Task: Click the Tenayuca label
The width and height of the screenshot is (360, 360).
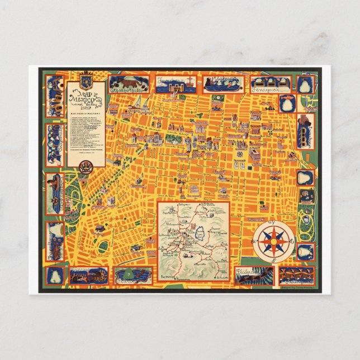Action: [264, 89]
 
